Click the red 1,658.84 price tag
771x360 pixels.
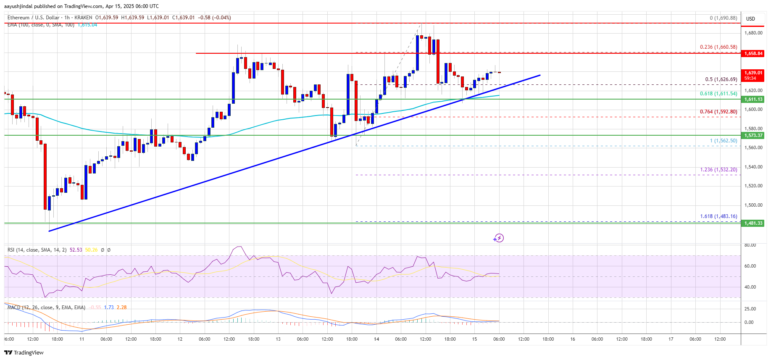click(x=753, y=53)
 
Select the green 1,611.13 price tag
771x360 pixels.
click(x=753, y=99)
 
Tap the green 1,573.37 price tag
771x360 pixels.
click(x=753, y=135)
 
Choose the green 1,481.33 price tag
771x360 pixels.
click(x=753, y=223)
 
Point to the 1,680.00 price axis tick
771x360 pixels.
click(x=753, y=33)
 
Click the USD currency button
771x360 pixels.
click(x=750, y=18)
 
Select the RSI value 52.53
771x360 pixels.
click(x=76, y=250)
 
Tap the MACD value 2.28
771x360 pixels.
click(x=121, y=307)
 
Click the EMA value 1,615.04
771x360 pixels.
click(x=87, y=25)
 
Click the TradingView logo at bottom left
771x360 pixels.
click(x=24, y=352)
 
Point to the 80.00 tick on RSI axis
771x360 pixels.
click(x=750, y=245)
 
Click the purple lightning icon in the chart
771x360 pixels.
click(x=498, y=238)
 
